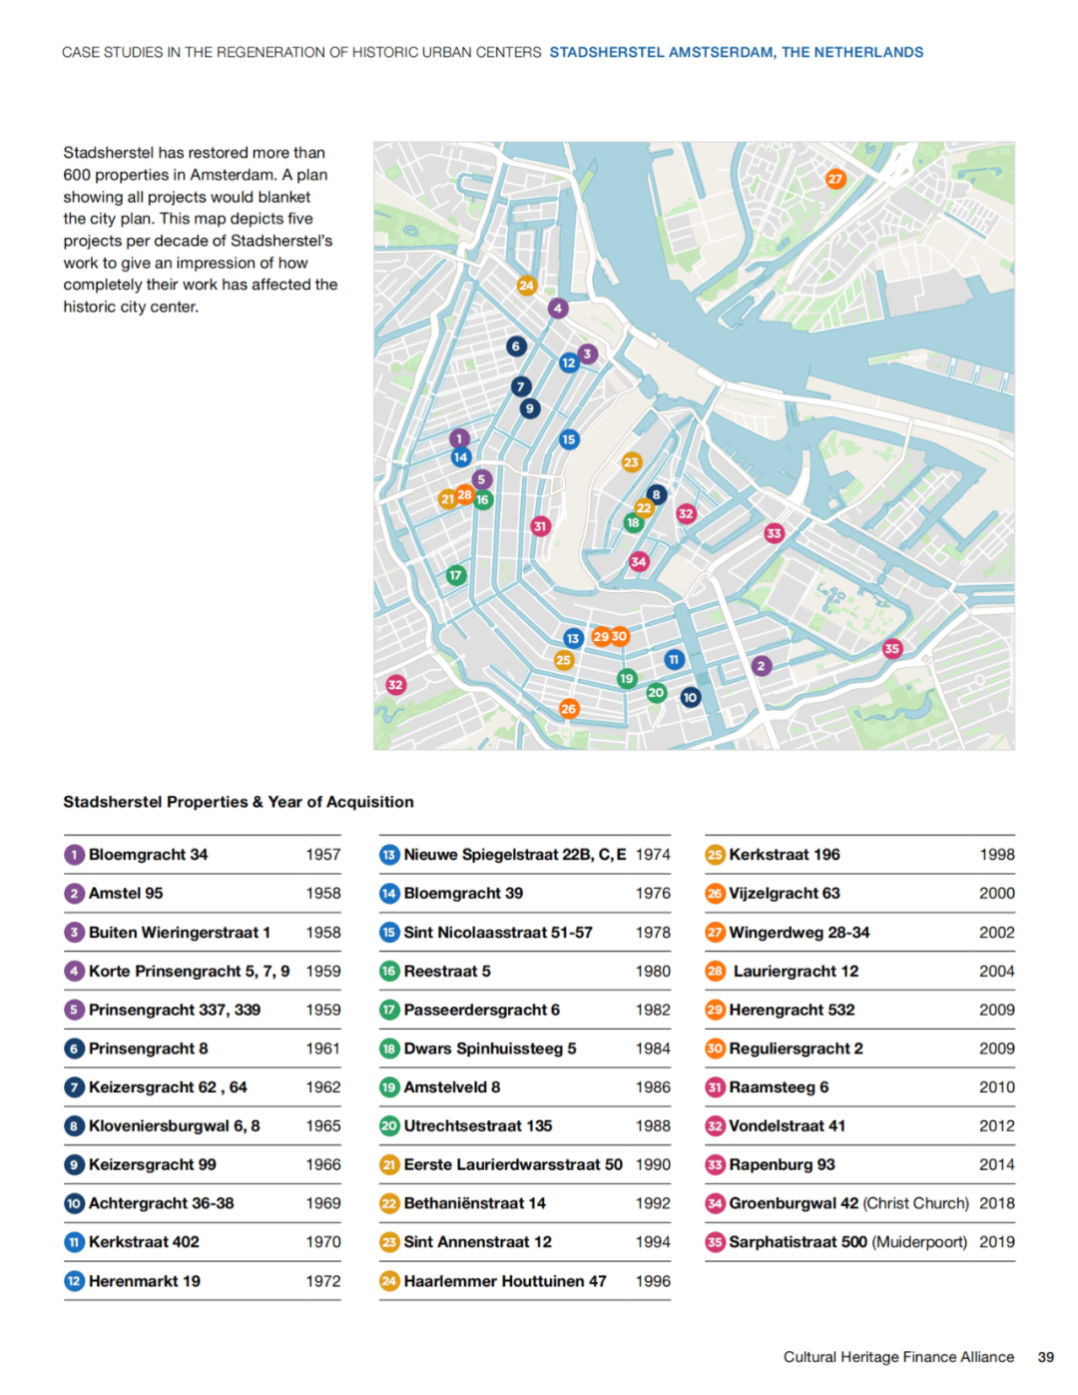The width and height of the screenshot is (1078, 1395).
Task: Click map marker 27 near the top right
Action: (x=835, y=179)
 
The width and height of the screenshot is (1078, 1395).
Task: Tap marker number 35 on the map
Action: (x=892, y=648)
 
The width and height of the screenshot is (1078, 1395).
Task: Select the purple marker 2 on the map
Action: (x=762, y=666)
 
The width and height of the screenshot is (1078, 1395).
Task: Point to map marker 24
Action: (x=526, y=286)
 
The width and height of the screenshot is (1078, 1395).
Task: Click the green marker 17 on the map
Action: (x=456, y=575)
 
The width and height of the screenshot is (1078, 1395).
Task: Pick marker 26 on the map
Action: (x=569, y=708)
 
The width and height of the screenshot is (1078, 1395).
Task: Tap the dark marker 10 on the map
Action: (x=691, y=697)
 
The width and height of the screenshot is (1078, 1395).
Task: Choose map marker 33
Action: (x=775, y=533)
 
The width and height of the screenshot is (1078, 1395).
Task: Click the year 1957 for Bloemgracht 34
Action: (x=322, y=855)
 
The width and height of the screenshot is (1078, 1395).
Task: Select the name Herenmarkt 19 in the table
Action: (x=144, y=1281)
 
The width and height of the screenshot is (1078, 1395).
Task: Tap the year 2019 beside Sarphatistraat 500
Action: (x=996, y=1242)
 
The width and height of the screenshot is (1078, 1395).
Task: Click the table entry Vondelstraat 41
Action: (x=787, y=1125)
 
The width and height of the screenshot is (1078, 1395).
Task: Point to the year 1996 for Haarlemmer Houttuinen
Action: (x=653, y=1281)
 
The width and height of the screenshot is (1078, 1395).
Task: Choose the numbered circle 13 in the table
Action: (x=389, y=855)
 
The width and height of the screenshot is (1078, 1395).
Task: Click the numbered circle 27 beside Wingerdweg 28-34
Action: (x=715, y=933)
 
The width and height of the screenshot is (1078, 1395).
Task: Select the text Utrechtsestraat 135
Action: (x=477, y=1125)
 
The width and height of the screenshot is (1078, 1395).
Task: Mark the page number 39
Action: (x=1045, y=1357)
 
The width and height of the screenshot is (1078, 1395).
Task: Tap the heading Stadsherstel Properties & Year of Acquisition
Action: (x=239, y=802)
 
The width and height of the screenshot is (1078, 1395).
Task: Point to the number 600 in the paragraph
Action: (x=77, y=175)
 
